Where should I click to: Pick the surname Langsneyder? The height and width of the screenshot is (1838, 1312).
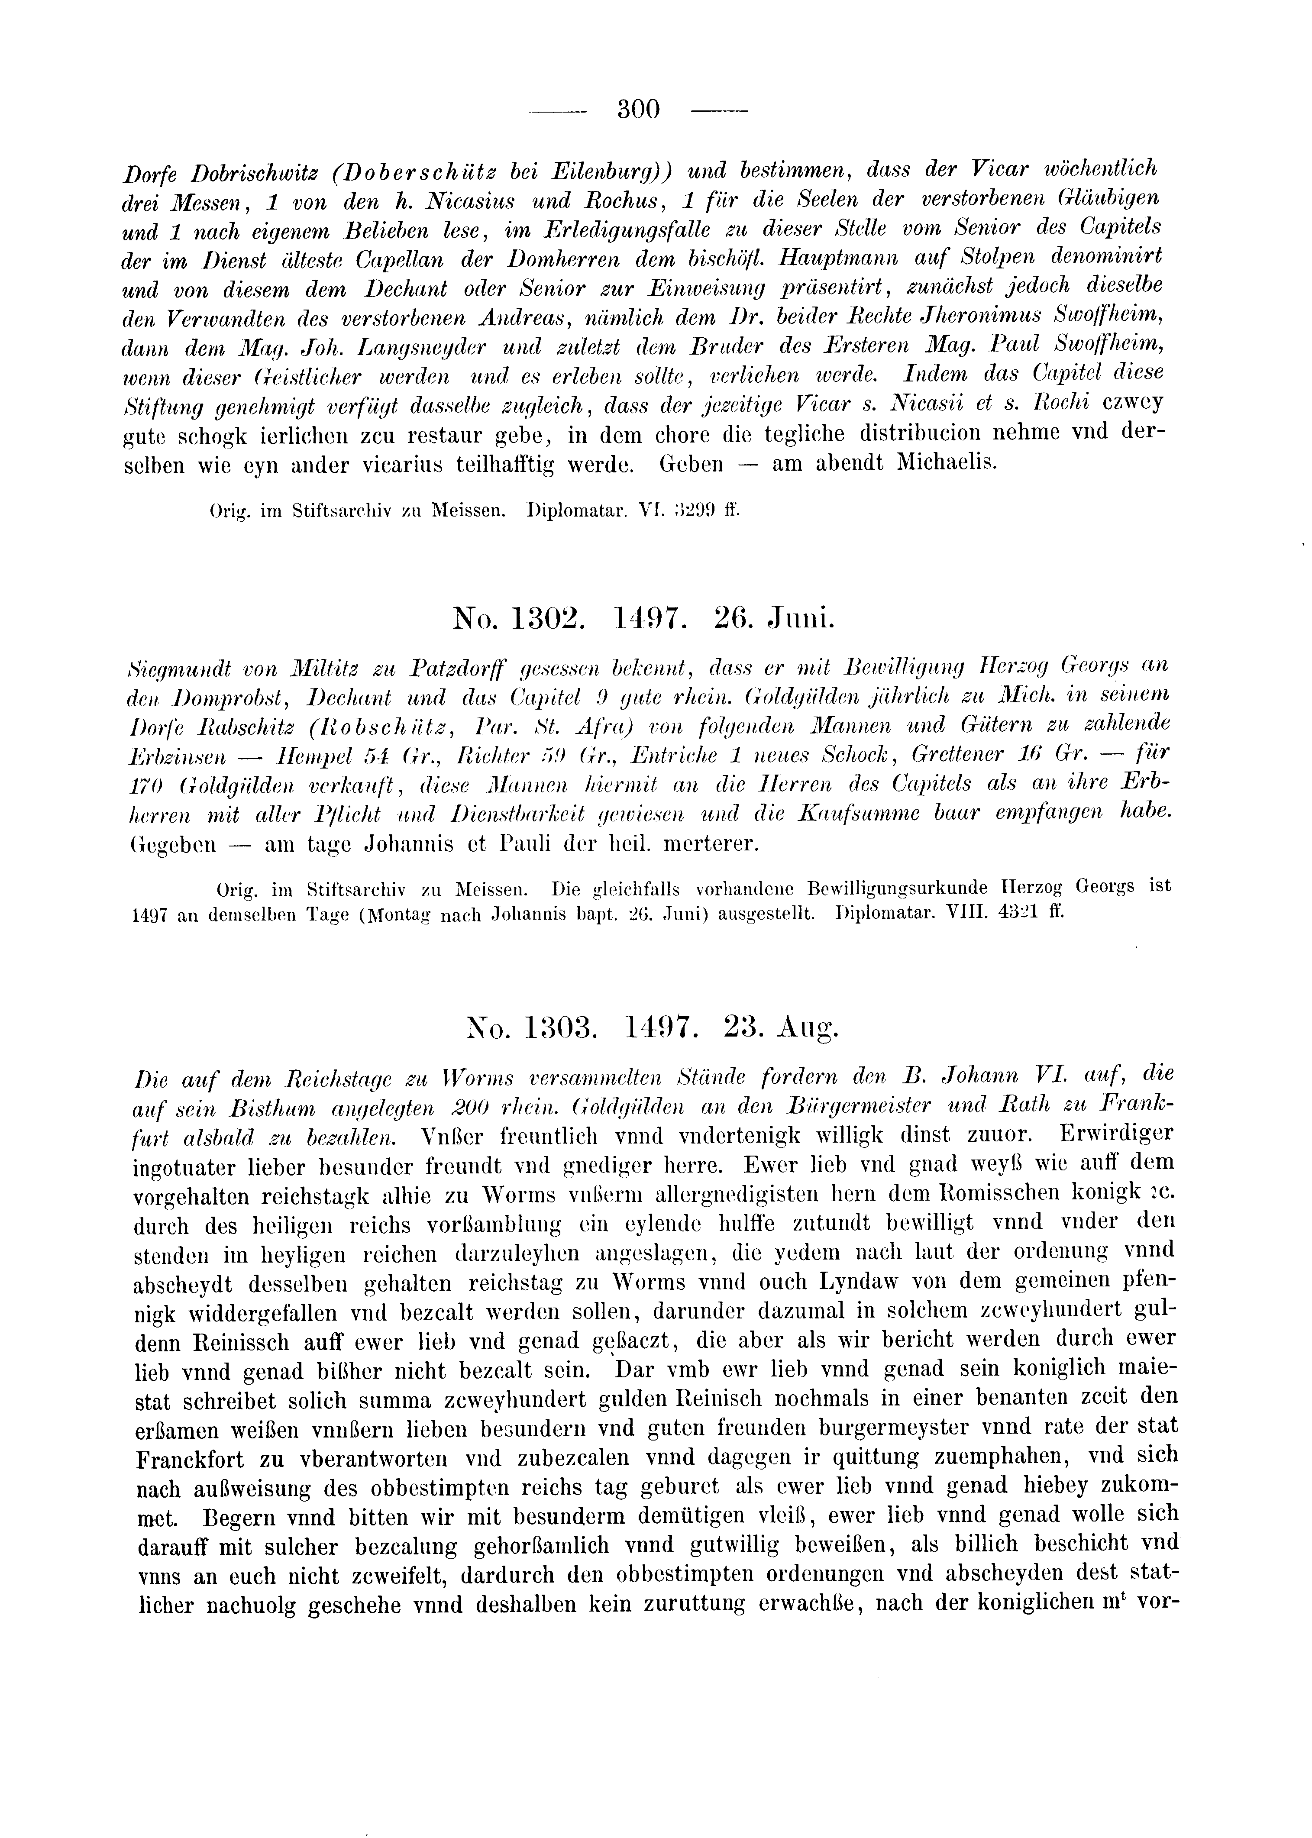pos(425,347)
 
